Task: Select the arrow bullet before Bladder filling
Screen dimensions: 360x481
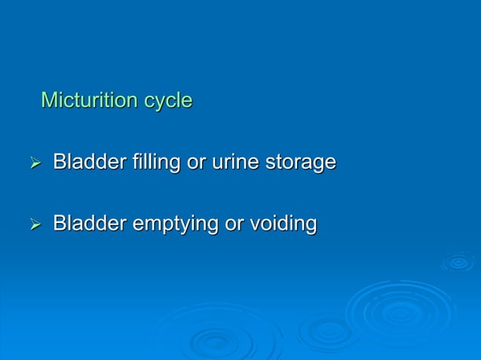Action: click(x=34, y=163)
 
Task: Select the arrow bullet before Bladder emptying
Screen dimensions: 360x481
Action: click(x=34, y=224)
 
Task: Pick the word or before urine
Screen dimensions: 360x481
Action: click(x=196, y=163)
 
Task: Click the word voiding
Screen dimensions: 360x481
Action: click(x=283, y=224)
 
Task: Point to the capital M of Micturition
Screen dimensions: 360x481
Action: click(x=48, y=100)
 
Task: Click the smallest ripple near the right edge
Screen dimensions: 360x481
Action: click(x=458, y=262)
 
